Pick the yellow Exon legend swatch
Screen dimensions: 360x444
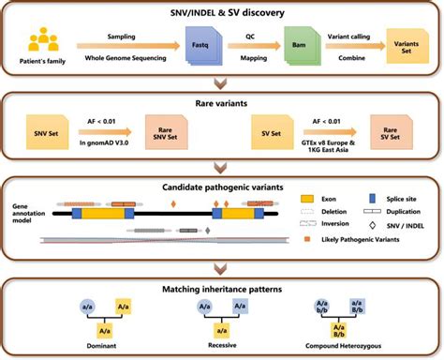[x=309, y=199]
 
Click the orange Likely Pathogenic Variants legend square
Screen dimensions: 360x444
[x=308, y=241]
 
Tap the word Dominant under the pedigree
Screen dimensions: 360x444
[x=109, y=343]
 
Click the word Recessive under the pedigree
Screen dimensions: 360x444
[x=221, y=343]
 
